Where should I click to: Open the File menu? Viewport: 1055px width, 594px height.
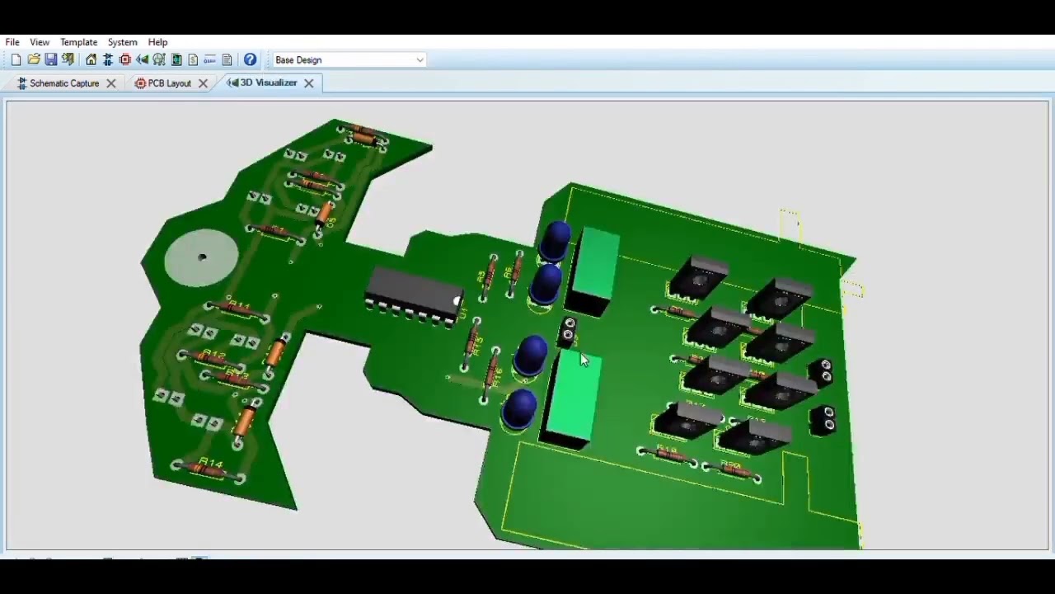(12, 42)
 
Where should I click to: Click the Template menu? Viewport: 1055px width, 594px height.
(78, 42)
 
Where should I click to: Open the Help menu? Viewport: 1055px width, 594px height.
(157, 42)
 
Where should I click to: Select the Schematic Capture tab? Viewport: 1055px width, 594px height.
(63, 83)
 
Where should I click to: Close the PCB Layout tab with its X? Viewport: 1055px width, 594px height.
(203, 83)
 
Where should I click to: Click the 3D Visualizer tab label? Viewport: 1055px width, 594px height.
(268, 82)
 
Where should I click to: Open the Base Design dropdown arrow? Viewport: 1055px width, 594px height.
(420, 60)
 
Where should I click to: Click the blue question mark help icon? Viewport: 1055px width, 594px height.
(250, 59)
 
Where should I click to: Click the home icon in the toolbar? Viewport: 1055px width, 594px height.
(91, 59)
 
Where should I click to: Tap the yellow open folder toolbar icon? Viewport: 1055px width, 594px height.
(34, 59)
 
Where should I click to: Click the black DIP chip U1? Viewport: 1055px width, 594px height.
(412, 295)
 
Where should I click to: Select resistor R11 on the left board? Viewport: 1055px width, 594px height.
(237, 311)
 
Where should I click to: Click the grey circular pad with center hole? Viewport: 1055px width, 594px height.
(201, 258)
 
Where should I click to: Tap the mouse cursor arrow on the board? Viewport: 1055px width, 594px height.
(584, 359)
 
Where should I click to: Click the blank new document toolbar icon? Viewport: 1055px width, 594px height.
(16, 59)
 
